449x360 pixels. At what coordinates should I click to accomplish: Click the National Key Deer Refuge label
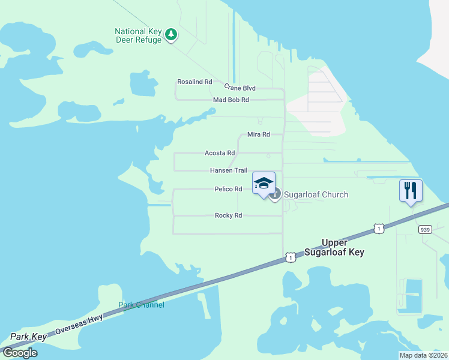click(x=138, y=35)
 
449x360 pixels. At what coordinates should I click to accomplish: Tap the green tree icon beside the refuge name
click(x=171, y=34)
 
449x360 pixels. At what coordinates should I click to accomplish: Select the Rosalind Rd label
click(x=194, y=82)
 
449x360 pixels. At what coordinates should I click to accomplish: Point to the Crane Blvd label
click(x=240, y=88)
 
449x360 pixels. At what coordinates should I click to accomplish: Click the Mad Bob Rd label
click(x=231, y=100)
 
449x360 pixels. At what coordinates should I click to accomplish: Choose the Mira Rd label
click(x=258, y=135)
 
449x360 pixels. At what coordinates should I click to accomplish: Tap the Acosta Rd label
click(x=219, y=153)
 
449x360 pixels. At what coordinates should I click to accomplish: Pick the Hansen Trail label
click(x=228, y=170)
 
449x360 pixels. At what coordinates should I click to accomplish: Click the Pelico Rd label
click(x=228, y=189)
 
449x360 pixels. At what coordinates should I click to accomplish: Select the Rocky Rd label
click(x=228, y=215)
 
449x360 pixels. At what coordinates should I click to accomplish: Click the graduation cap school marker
click(x=264, y=183)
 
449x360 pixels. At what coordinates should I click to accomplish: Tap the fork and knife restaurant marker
click(x=411, y=191)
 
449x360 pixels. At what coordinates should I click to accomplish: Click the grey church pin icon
click(x=275, y=194)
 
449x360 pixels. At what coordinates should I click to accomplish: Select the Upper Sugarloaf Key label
click(x=343, y=247)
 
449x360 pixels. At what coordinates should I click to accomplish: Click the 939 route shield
click(x=425, y=229)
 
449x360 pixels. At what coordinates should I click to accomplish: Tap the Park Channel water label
click(x=141, y=305)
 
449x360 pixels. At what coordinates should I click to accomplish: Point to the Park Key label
click(x=28, y=337)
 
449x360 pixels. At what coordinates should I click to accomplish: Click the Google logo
click(x=19, y=353)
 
